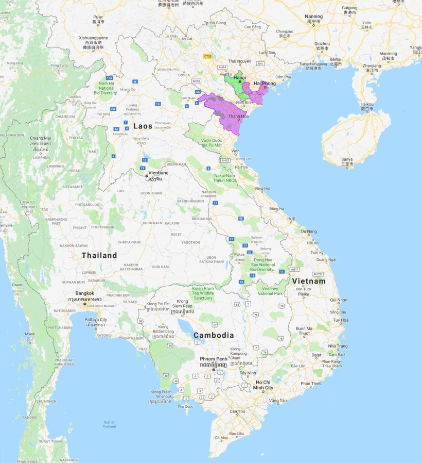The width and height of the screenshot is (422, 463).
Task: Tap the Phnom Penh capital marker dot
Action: tap(214, 370)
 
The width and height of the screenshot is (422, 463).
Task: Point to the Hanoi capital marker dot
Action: tap(240, 81)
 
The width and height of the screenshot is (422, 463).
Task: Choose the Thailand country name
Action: tap(99, 255)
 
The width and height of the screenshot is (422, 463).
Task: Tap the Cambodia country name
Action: tap(214, 335)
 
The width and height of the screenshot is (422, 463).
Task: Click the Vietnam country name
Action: tap(309, 282)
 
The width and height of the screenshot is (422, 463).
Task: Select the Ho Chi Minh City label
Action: tap(264, 385)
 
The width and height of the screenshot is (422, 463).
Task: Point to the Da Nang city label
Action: tap(309, 231)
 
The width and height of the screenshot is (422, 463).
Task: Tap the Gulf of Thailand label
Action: tap(109, 424)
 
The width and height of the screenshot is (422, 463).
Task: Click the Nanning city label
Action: tap(313, 16)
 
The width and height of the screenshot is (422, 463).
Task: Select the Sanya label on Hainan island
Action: tap(347, 159)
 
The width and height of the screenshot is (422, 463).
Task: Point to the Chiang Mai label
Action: tap(40, 138)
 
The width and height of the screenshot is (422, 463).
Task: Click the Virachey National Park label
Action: tap(270, 291)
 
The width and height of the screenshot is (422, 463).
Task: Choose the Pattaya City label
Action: tap(96, 320)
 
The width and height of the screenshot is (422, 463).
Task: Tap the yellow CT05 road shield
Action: tap(208, 56)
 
